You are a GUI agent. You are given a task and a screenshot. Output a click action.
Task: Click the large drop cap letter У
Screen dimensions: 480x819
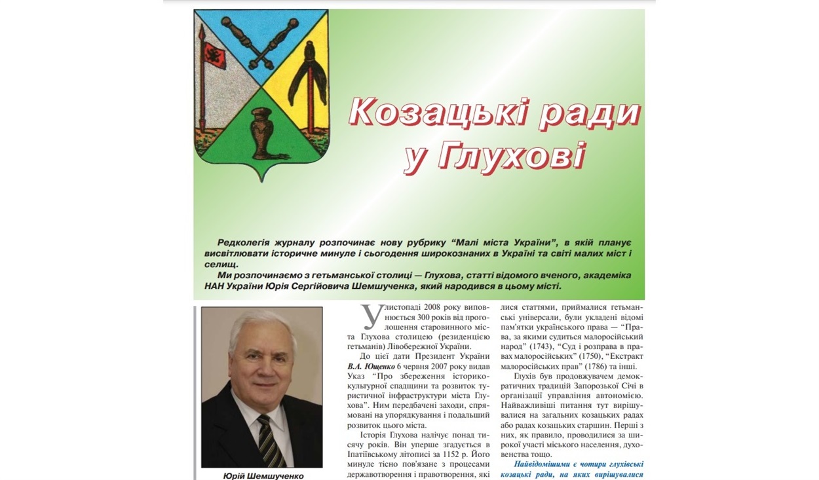pos(371,317)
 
